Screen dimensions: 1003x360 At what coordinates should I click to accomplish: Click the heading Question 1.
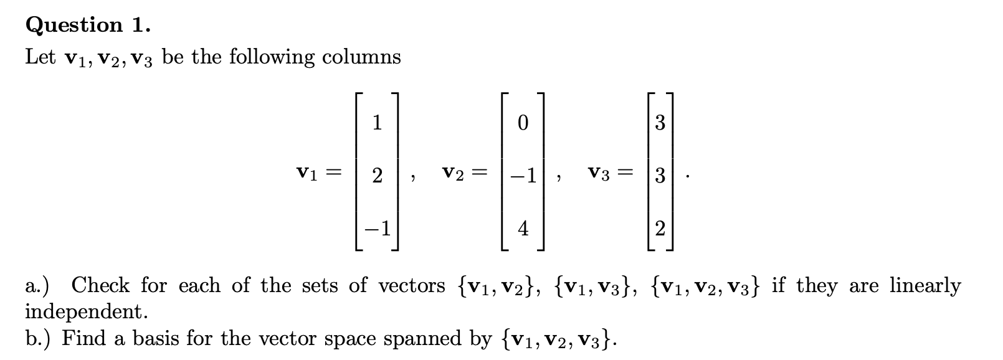[x=88, y=25]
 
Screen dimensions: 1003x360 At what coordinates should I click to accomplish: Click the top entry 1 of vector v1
[x=377, y=123]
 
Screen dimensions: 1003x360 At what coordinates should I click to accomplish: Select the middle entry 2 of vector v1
[x=377, y=176]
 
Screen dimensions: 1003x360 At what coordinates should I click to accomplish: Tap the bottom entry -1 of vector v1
[x=378, y=229]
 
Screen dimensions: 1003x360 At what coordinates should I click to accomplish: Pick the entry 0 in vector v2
[x=523, y=123]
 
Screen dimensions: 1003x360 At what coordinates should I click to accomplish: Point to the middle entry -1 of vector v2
[x=523, y=176]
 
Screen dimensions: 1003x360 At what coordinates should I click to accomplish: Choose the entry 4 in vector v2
[x=523, y=229]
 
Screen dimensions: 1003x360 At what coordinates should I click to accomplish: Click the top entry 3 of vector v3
[x=660, y=123]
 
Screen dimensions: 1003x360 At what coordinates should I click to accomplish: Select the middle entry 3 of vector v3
[x=660, y=176]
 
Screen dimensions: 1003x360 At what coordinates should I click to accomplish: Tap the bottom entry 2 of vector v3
[x=660, y=229]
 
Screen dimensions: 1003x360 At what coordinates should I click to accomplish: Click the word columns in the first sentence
[x=361, y=57]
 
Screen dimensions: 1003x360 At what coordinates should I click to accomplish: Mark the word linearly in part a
[x=925, y=286]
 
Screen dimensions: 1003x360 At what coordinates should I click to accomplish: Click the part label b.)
[x=39, y=338]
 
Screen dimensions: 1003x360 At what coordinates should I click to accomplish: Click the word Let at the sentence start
[x=41, y=57]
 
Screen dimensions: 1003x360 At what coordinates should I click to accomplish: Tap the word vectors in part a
[x=412, y=286]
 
